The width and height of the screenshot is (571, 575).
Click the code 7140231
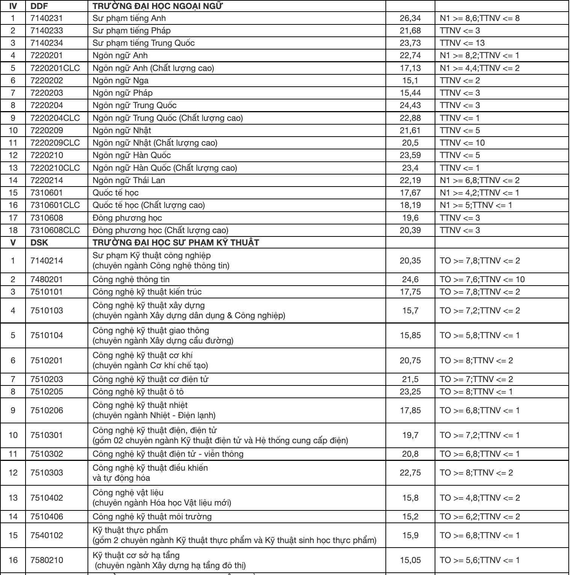pos(47,18)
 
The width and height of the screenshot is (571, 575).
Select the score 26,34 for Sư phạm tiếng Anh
pos(410,18)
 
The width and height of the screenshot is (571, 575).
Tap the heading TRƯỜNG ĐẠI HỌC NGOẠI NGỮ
pos(157,6)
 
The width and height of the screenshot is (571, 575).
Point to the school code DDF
pos(39,6)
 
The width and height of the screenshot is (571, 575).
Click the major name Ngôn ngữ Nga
pos(121,81)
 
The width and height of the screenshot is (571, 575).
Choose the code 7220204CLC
pos(55,118)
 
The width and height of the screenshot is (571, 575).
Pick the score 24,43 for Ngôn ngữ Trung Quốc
pos(410,105)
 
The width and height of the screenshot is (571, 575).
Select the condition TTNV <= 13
pos(462,43)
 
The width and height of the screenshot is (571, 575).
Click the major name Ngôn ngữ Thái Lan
pos(129,181)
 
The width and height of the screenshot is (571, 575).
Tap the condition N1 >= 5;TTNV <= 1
pos(476,205)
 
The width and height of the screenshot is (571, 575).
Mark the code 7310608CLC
pos(55,230)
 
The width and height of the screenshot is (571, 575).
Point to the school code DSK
pos(39,243)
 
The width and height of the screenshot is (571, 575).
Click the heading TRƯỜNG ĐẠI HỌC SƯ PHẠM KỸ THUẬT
pos(176,243)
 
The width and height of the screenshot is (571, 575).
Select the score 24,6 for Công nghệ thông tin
pos(410,280)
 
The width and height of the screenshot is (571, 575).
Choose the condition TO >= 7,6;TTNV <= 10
pos(482,280)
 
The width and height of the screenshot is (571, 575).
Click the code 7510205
pos(47,392)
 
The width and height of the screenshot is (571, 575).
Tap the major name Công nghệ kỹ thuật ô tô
pos(138,392)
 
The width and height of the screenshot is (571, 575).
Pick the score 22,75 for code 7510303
pos(410,473)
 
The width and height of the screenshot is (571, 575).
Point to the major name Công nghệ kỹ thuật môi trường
pos(152,517)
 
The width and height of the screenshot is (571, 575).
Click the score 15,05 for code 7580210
pos(410,560)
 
